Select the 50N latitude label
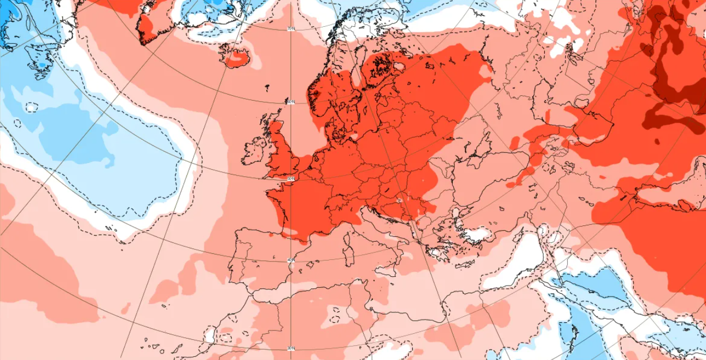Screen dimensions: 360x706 click(291, 178)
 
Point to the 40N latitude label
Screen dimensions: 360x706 click(291, 260)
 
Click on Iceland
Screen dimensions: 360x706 click(235, 55)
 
